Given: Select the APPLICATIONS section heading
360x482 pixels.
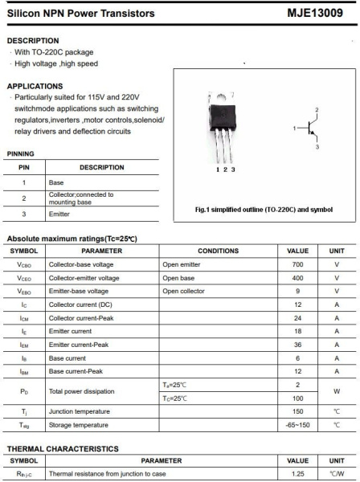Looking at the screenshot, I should (35, 85).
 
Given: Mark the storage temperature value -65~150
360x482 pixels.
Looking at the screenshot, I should (297, 425).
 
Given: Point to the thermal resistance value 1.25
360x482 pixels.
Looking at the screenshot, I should (297, 475).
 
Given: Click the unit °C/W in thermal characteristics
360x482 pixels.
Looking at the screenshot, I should (337, 475).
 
